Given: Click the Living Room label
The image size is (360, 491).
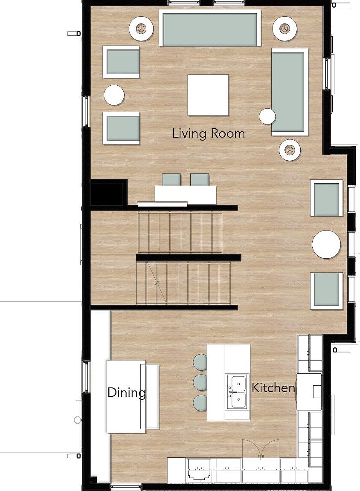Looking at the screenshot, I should (209, 133).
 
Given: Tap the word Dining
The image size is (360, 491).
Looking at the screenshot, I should (126, 392).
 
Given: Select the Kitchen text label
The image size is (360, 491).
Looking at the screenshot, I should (273, 388).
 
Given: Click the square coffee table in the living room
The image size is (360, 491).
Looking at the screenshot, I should (208, 95).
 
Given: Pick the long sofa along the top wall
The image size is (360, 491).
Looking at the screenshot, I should (210, 28).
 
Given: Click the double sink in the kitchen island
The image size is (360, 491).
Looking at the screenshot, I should (237, 392).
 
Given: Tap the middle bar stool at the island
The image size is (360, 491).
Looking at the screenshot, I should (200, 382).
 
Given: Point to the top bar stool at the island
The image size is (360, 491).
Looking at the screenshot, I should (200, 362).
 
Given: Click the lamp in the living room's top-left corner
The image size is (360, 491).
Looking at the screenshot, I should (141, 29).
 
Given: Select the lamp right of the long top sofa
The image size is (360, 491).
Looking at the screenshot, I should (285, 29).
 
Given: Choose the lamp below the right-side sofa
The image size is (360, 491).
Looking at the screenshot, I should (290, 150).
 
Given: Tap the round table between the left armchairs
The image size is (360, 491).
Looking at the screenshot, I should (114, 95).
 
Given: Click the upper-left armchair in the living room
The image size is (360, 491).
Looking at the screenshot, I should (121, 62).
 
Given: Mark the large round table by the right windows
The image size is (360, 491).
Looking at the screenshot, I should (326, 245).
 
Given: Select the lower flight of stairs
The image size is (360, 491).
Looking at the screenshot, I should (183, 283).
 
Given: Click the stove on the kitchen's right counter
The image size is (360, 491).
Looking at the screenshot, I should (309, 392).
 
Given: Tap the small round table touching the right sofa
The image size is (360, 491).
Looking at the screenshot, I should (267, 116).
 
